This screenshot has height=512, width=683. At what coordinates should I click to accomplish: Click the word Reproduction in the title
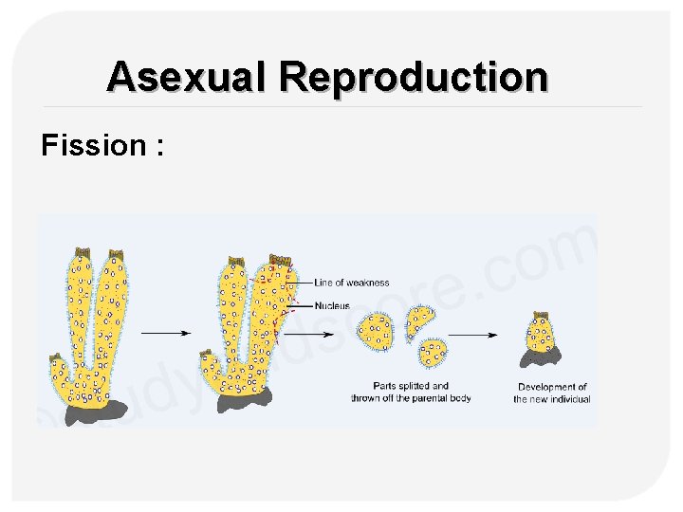point(414,76)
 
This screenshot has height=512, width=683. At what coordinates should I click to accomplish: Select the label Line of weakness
point(351,283)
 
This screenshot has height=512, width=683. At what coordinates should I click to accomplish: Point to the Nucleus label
point(333,305)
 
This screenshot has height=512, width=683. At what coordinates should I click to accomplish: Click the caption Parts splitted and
point(411,386)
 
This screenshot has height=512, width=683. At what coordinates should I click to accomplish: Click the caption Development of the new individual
point(552,393)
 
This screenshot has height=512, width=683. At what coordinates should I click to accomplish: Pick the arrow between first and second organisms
point(165,333)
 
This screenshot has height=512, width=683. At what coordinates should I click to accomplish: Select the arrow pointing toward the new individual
point(473,334)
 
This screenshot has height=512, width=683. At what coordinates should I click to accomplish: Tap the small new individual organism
point(540,334)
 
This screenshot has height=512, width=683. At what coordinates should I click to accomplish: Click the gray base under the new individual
point(540,358)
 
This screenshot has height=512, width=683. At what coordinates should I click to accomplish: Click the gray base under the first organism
point(95,411)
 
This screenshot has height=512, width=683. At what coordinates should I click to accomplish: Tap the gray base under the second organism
point(245,401)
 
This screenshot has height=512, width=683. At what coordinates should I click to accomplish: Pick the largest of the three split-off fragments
point(377,330)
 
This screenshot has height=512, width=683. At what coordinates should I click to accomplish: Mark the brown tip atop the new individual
point(541,314)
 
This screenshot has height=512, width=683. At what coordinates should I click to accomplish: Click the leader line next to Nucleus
point(302,305)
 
